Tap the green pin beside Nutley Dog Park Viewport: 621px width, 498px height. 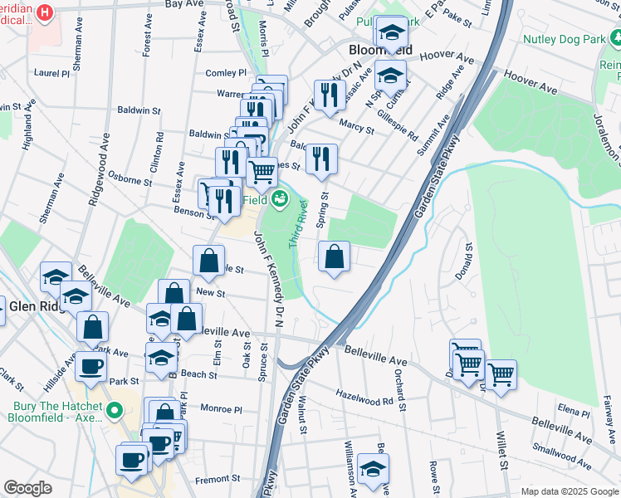(x=615, y=37)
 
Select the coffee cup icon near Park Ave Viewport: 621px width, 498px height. (x=91, y=365)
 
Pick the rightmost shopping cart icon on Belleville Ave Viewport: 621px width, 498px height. (x=501, y=374)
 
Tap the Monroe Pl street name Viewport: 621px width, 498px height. (x=220, y=409)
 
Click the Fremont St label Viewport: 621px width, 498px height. (x=217, y=478)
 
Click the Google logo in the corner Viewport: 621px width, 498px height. (x=27, y=488)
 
